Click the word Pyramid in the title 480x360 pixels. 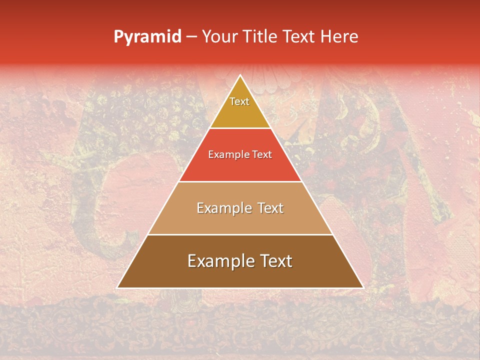pos(147,37)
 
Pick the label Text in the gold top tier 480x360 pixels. pos(239,101)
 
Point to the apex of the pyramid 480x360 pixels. pos(240,76)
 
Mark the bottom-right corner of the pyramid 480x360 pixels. pos(363,287)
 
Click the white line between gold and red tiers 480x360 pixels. pos(240,128)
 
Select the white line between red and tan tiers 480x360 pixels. pos(240,181)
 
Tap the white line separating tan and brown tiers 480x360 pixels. pos(240,234)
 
